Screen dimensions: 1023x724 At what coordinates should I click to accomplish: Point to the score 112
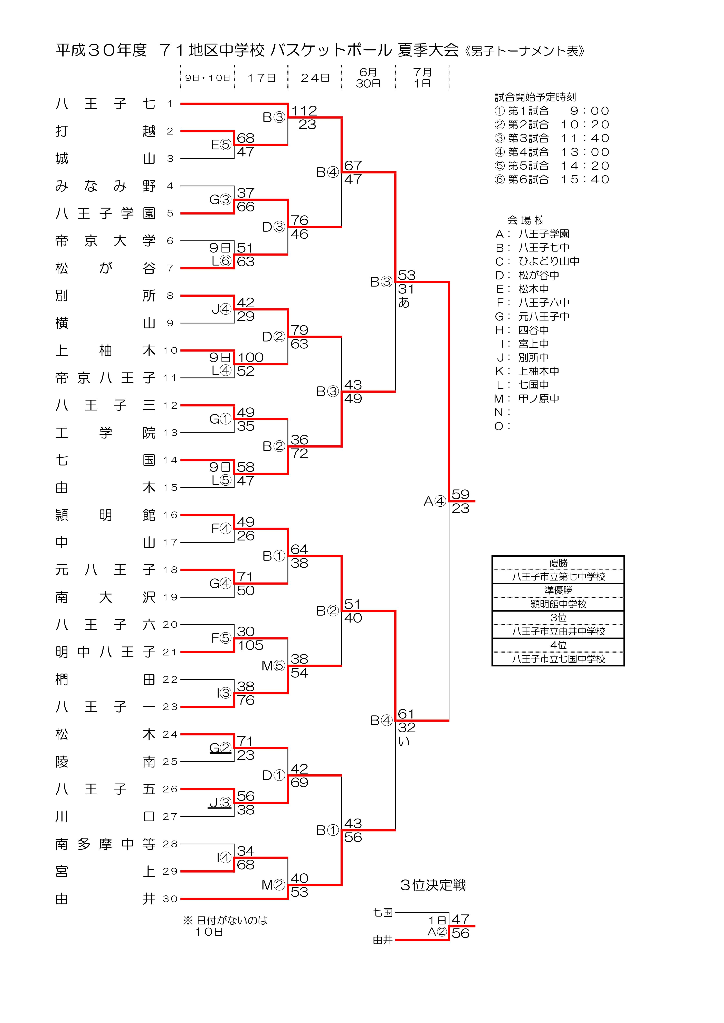pyautogui.click(x=304, y=110)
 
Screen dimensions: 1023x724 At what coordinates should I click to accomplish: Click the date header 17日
pyautogui.click(x=262, y=78)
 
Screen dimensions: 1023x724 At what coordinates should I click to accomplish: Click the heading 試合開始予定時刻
pyautogui.click(x=535, y=97)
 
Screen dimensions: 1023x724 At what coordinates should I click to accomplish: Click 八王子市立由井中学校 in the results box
pyautogui.click(x=558, y=631)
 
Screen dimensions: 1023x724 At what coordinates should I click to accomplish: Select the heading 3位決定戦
pyautogui.click(x=433, y=885)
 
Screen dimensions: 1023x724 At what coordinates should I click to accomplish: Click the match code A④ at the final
pyautogui.click(x=435, y=501)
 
